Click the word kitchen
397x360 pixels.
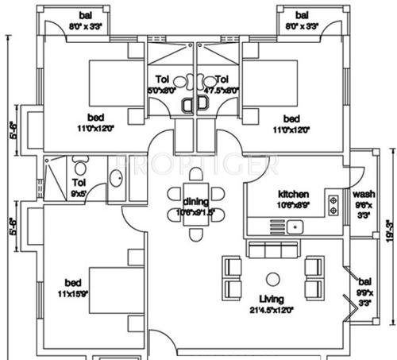pyautogui.click(x=293, y=194)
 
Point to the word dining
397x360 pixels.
pyautogui.click(x=195, y=201)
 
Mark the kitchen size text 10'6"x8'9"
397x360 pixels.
pyautogui.click(x=293, y=204)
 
